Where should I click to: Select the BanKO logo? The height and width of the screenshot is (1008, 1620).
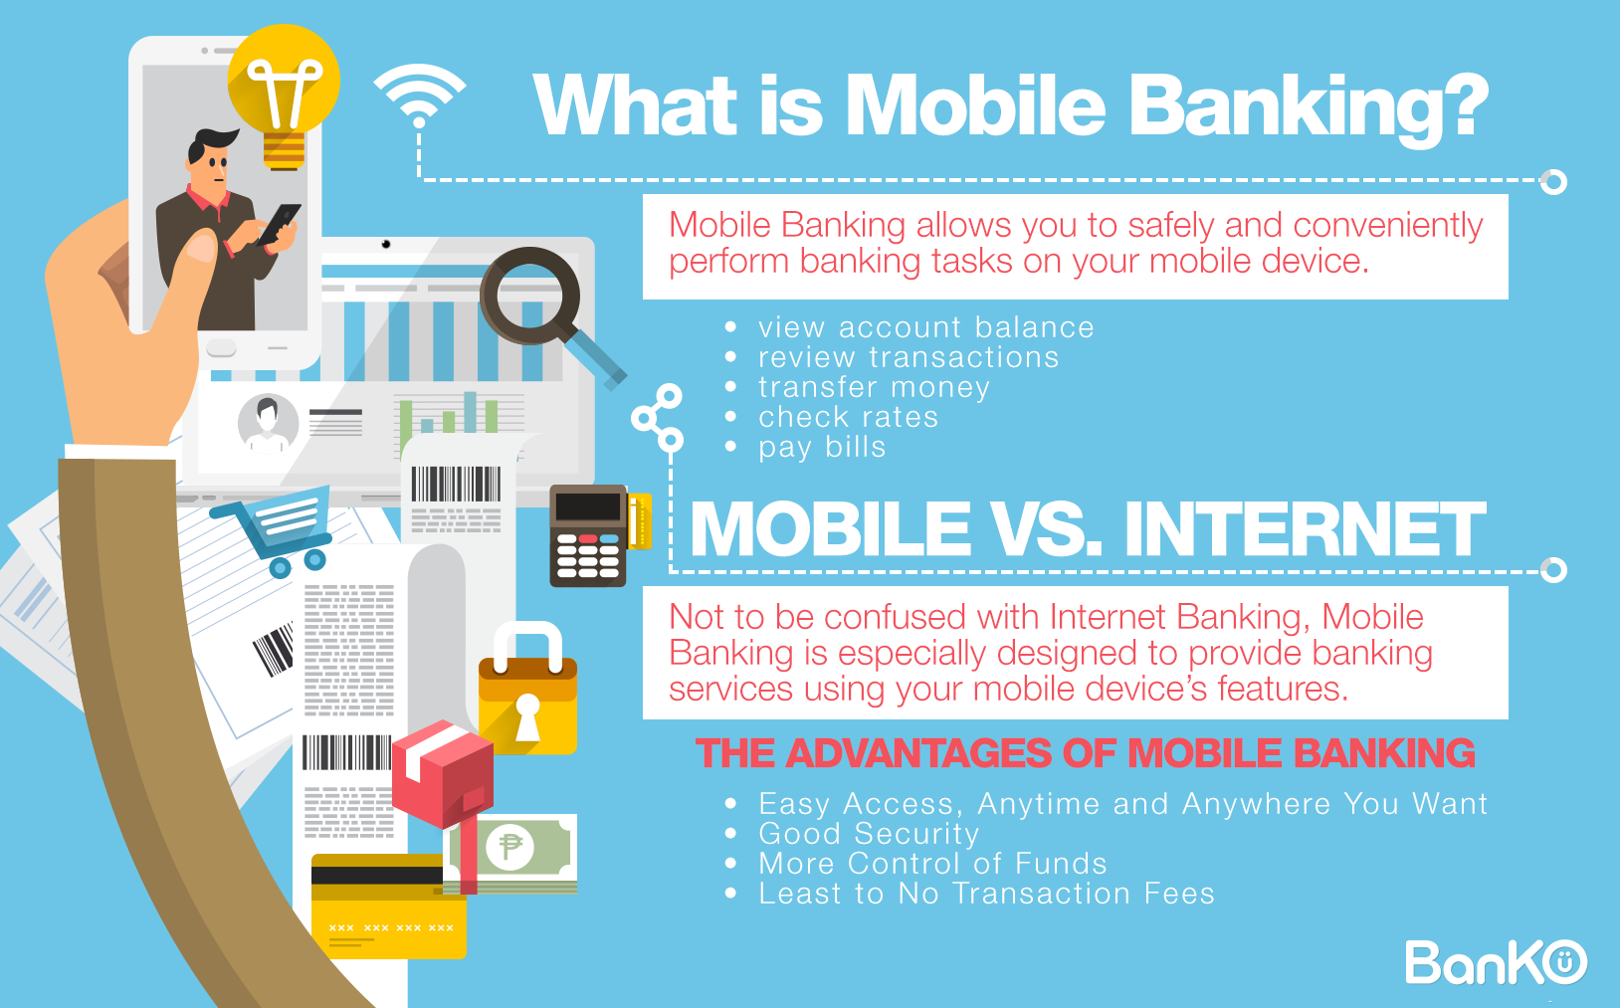(1496, 962)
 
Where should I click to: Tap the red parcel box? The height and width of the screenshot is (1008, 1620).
(444, 775)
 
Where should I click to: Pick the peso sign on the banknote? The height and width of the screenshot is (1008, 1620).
(509, 846)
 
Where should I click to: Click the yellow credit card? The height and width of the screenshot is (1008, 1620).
(388, 907)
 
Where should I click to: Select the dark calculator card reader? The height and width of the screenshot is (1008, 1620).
(589, 535)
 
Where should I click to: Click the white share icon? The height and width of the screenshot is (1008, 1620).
(657, 418)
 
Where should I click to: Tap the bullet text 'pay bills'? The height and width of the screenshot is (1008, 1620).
(822, 447)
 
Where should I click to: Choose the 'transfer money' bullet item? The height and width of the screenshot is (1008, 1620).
(874, 387)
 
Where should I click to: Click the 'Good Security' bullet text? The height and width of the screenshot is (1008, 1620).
(869, 833)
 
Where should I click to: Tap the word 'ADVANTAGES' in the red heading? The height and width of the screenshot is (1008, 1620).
(919, 752)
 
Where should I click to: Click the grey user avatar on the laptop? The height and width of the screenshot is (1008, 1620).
(268, 424)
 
